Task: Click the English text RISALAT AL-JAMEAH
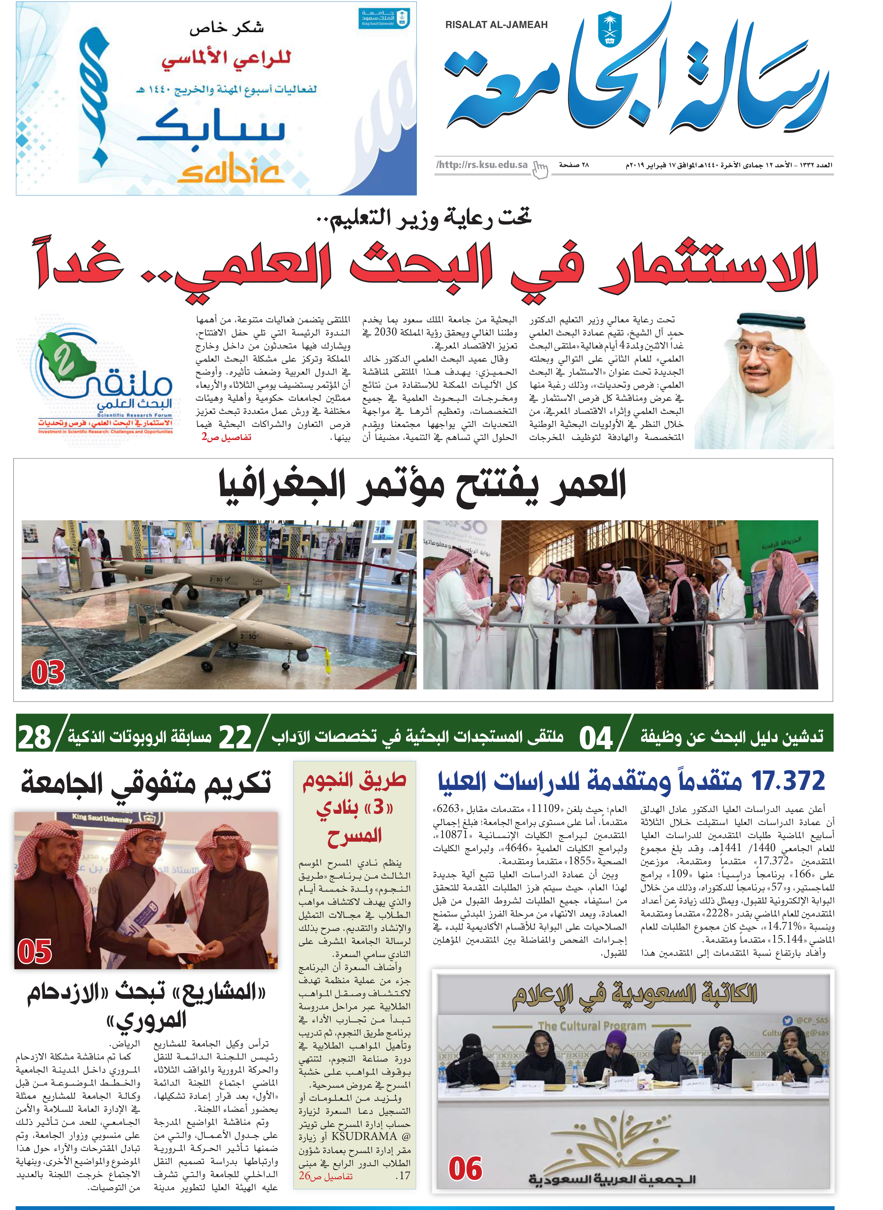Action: (496, 25)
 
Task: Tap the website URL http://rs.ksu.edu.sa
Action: (482, 165)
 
